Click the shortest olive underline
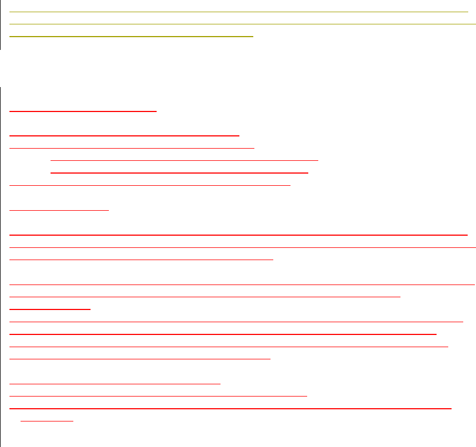pos(131,36)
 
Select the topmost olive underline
pos(239,12)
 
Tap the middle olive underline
pos(239,24)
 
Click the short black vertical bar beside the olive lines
pos(1,25)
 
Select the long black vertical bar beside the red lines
pos(1,266)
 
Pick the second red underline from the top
pos(124,135)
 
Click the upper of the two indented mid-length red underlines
pos(184,160)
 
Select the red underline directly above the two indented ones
pos(132,148)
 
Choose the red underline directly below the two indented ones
pos(150,185)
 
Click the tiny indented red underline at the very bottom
pos(47,420)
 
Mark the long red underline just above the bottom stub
pos(231,408)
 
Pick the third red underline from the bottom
pos(158,395)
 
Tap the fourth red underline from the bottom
pos(115,383)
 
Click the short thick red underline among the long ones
pos(50,308)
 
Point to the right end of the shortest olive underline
pos(253,36)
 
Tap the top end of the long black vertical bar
pos(1,87)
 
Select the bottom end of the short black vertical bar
pos(1,49)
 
